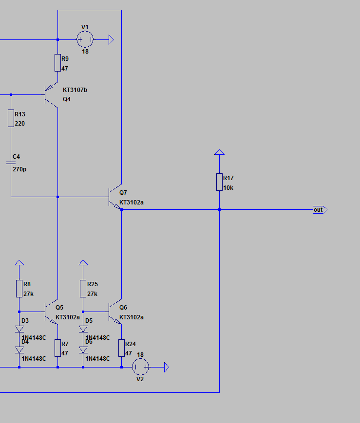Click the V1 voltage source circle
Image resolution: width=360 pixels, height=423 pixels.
pyautogui.click(x=85, y=39)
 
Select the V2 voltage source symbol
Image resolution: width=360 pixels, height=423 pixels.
pyautogui.click(x=140, y=367)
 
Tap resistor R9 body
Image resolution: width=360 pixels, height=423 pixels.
pyautogui.click(x=57, y=63)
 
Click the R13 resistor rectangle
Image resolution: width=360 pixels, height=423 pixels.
pyautogui.click(x=11, y=118)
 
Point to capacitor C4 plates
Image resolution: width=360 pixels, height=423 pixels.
pyautogui.click(x=11, y=163)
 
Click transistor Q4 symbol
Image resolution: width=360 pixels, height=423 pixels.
pyautogui.click(x=51, y=95)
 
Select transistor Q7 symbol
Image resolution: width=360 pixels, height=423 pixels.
pyautogui.click(x=115, y=197)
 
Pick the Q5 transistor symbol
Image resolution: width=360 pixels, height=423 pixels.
pyautogui.click(x=51, y=312)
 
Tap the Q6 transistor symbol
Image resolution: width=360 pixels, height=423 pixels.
pyautogui.click(x=115, y=312)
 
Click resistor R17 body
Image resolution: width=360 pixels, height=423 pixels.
pyautogui.click(x=219, y=182)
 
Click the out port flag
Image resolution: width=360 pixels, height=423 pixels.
pyautogui.click(x=320, y=210)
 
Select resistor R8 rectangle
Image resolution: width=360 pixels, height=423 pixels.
pyautogui.click(x=19, y=289)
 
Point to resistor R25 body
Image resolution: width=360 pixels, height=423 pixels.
pyautogui.click(x=83, y=289)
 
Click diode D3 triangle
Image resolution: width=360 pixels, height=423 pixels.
pyautogui.click(x=19, y=329)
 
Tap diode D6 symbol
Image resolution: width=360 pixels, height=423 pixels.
pyautogui.click(x=83, y=350)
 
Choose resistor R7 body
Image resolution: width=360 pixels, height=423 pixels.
pyautogui.click(x=57, y=348)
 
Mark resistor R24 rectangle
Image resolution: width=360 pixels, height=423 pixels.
pyautogui.click(x=121, y=348)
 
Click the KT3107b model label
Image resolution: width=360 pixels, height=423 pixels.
pyautogui.click(x=75, y=90)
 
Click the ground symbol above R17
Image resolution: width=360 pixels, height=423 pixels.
pyautogui.click(x=219, y=152)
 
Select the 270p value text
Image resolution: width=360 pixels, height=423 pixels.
pyautogui.click(x=19, y=169)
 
